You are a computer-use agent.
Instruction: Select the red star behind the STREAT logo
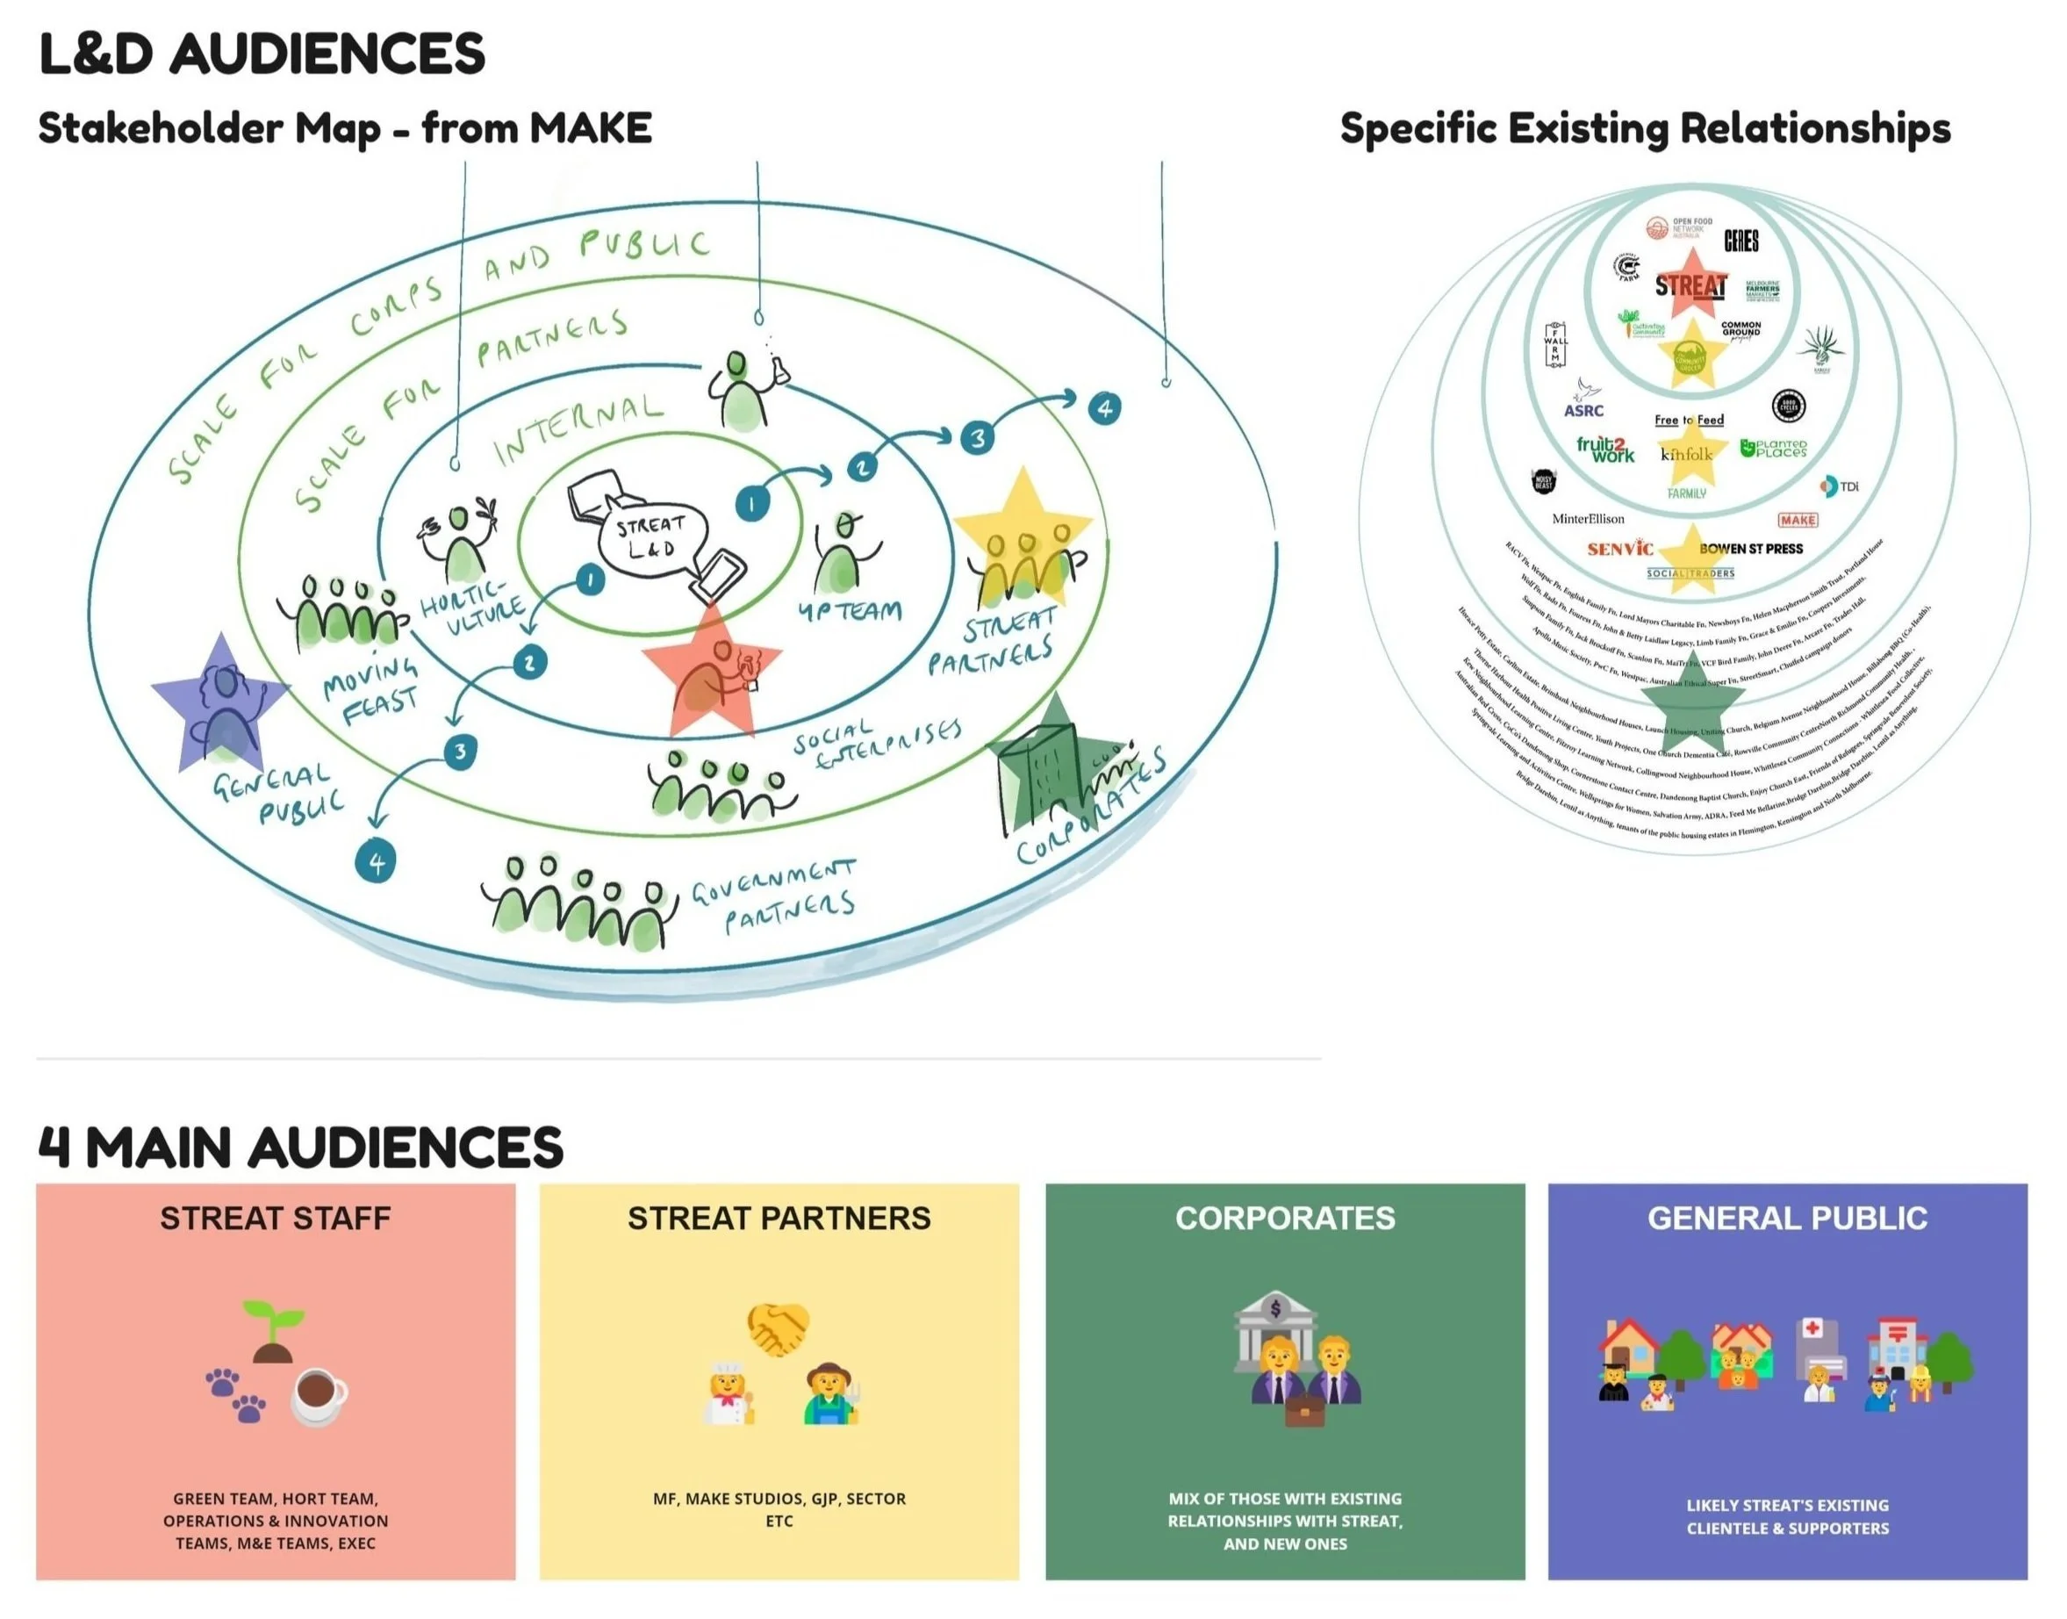(x=1690, y=283)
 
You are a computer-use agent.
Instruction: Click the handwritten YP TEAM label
(x=848, y=611)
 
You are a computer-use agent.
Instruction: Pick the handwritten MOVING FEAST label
(x=370, y=689)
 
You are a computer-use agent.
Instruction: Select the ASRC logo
(x=1583, y=401)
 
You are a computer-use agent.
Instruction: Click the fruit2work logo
(x=1605, y=449)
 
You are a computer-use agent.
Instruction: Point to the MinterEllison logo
(x=1588, y=519)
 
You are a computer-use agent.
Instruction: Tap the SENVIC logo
(x=1619, y=548)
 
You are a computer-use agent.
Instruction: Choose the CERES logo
(x=1741, y=241)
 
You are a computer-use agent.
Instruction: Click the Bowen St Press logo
(x=1750, y=548)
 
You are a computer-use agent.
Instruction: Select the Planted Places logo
(x=1773, y=449)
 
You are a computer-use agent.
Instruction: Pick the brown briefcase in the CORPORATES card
(x=1304, y=1413)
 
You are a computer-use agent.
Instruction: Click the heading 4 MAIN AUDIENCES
(x=300, y=1147)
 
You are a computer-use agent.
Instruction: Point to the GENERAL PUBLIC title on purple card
(x=1786, y=1218)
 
